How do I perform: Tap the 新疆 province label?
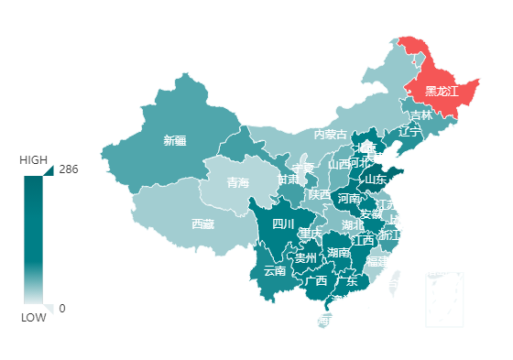[x=174, y=140]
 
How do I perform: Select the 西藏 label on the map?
[x=202, y=224]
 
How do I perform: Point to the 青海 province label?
[x=238, y=182]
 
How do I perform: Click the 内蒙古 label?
[x=331, y=135]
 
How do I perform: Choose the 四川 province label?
[x=283, y=224]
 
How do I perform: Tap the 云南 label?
[x=275, y=270]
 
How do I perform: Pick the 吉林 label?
[x=420, y=115]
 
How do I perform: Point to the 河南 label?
[x=349, y=198]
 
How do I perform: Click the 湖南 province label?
[x=338, y=252]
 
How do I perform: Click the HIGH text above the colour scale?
[x=34, y=159]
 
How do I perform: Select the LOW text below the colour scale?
[x=33, y=317]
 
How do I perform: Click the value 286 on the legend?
[x=68, y=169]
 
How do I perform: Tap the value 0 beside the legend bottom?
[x=61, y=309]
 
